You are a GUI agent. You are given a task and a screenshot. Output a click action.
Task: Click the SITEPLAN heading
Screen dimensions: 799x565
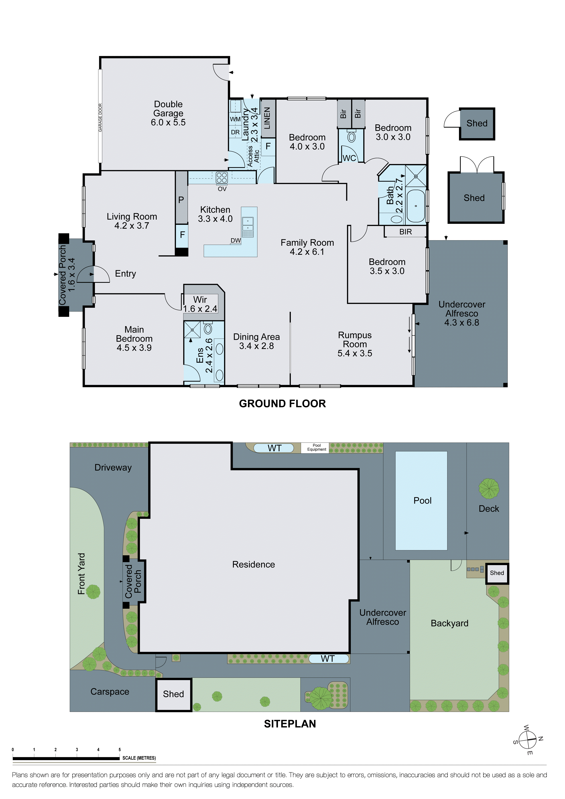(290, 724)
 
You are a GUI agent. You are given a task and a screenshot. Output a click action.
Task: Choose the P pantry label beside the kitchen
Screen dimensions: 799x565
(181, 200)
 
